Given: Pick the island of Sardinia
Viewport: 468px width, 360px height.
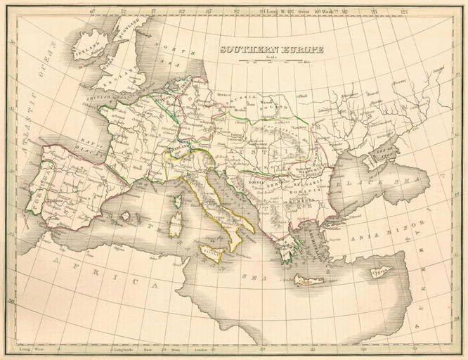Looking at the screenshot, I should pos(176,226).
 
